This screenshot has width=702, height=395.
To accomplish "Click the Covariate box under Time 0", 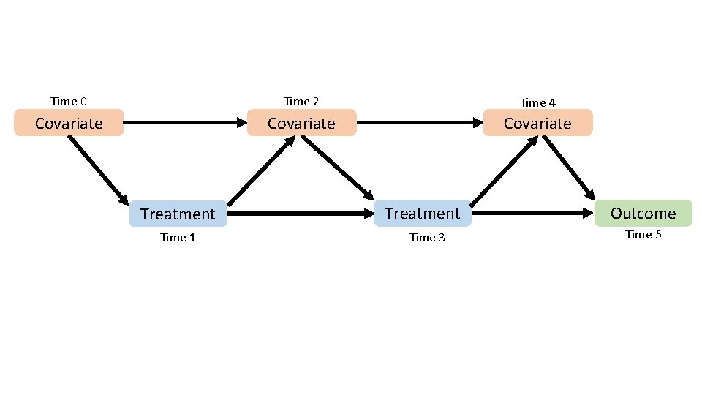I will [x=69, y=123].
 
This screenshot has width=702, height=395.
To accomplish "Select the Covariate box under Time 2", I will [x=301, y=123].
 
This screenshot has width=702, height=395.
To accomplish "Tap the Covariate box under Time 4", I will [x=537, y=123].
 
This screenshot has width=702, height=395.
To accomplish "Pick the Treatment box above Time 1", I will [x=178, y=214].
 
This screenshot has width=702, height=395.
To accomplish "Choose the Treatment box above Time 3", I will [x=422, y=213].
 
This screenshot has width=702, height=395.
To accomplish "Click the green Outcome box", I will [x=643, y=213].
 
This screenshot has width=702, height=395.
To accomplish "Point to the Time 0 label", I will [x=69, y=101].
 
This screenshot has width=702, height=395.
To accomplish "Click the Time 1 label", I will [x=178, y=238].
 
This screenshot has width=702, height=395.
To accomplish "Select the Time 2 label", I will [x=301, y=101].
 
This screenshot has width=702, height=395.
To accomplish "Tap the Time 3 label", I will [x=427, y=238].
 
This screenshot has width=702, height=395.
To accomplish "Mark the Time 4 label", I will [x=537, y=102].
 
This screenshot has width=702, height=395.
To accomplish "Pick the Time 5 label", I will [x=643, y=235].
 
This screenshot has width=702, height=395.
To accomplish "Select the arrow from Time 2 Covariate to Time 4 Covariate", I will [x=420, y=123].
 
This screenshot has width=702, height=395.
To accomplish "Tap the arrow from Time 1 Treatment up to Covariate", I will [x=260, y=171].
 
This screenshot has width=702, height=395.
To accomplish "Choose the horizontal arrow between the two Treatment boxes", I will [x=300, y=214].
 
